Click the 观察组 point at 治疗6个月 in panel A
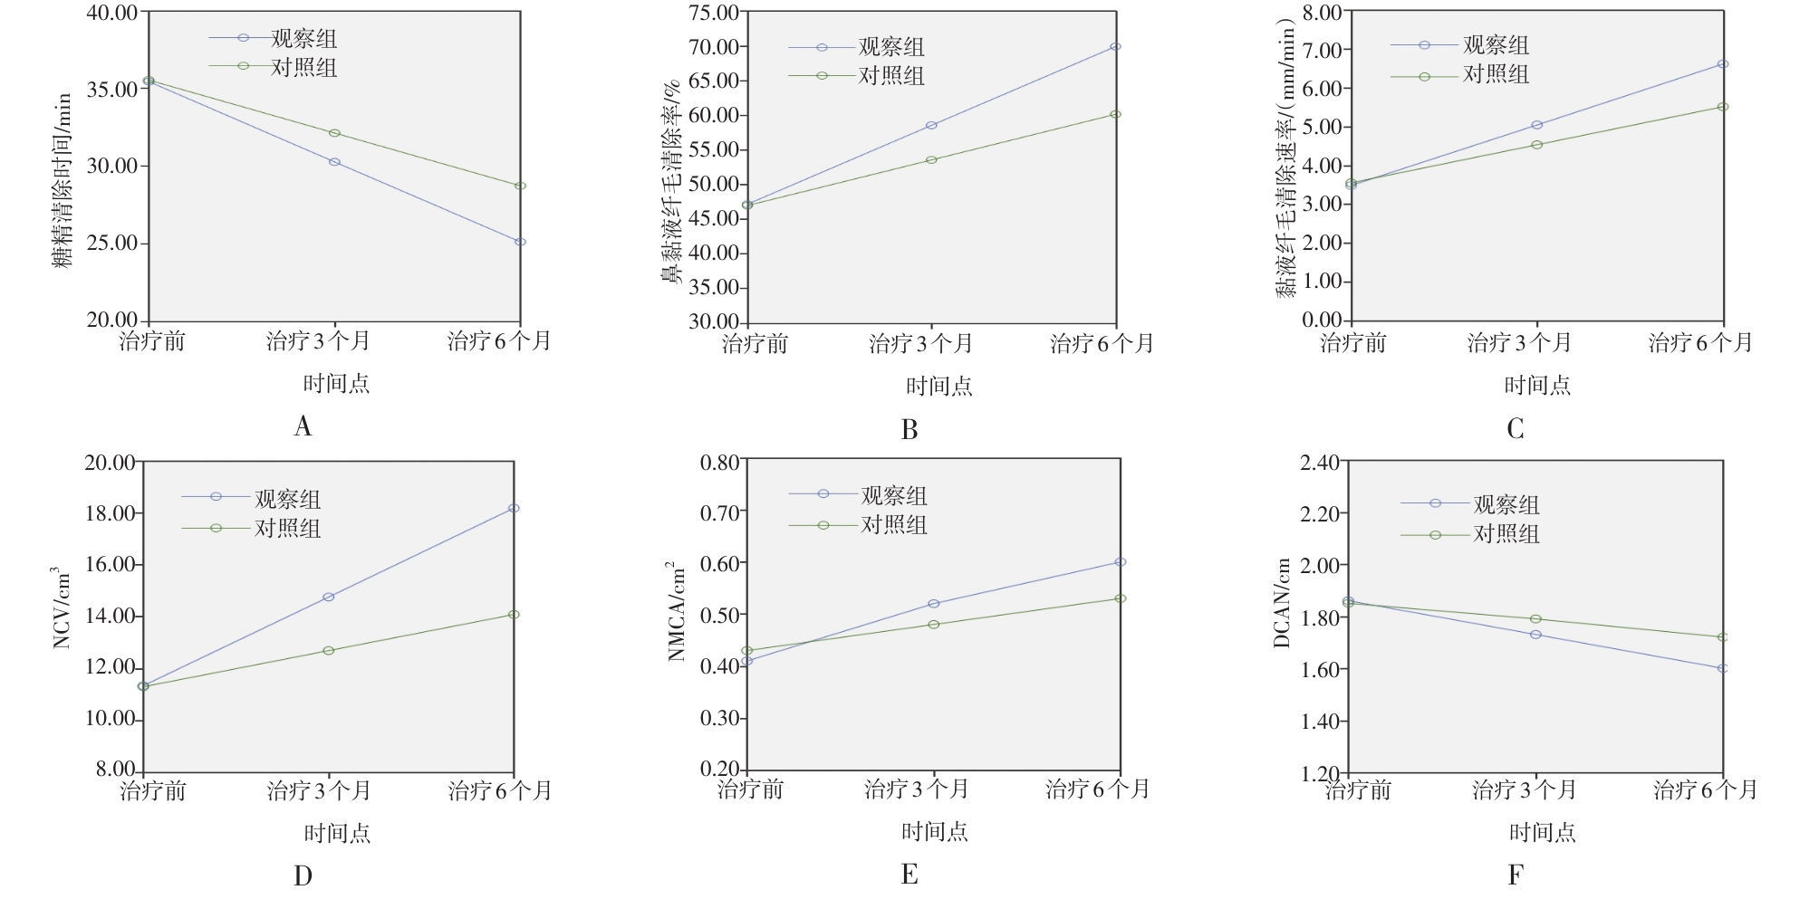click(520, 242)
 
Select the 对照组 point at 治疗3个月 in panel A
click(334, 133)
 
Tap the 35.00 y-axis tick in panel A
click(112, 89)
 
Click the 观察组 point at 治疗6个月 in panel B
click(1115, 46)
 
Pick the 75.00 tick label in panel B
click(714, 13)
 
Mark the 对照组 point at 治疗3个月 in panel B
click(931, 160)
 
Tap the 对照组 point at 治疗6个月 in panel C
click(1723, 107)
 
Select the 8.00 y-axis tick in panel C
click(1322, 13)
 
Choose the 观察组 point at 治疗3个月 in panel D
click(329, 597)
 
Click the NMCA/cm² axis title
click(676, 611)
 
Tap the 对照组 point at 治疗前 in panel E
click(747, 651)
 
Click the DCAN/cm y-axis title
click(1281, 603)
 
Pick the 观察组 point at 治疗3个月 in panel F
click(1535, 635)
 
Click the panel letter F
click(1516, 875)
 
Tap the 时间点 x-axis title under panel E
click(934, 831)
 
